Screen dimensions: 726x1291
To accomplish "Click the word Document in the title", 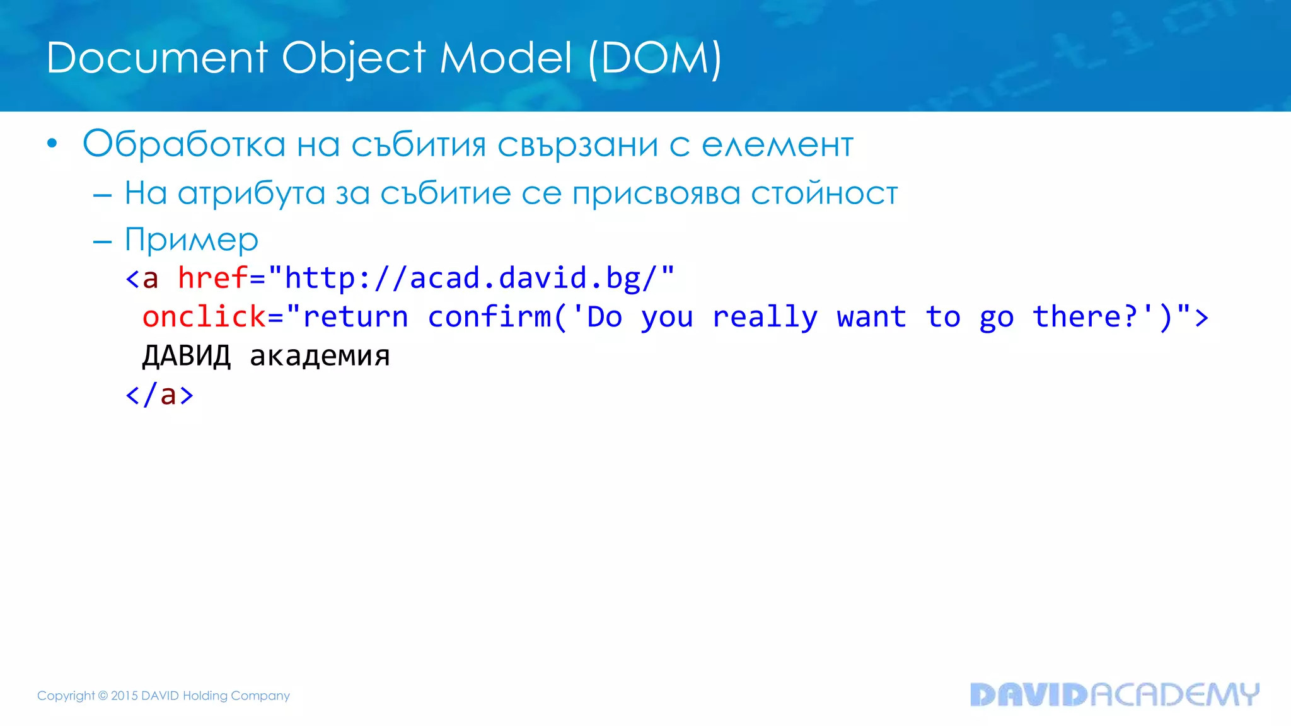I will [157, 58].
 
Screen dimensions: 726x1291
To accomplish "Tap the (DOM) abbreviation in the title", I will [654, 59].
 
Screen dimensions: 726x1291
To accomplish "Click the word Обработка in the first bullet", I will [184, 144].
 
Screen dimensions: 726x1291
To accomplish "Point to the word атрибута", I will [251, 193].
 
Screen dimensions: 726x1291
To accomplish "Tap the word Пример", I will [191, 239].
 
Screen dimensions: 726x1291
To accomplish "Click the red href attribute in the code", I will [212, 278].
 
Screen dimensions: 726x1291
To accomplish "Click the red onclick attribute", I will [204, 316].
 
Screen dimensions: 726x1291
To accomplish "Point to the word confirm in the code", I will [489, 316].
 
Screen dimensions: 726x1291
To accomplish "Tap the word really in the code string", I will [765, 317].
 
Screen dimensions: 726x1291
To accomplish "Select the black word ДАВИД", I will [187, 356].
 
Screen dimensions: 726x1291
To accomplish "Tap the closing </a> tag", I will [159, 395].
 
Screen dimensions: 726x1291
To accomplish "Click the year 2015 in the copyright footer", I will [124, 696].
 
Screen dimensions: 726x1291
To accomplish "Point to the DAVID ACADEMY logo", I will [1114, 694].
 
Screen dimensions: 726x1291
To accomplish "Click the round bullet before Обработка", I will [52, 144].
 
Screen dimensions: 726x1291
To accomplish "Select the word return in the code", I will [356, 316].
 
